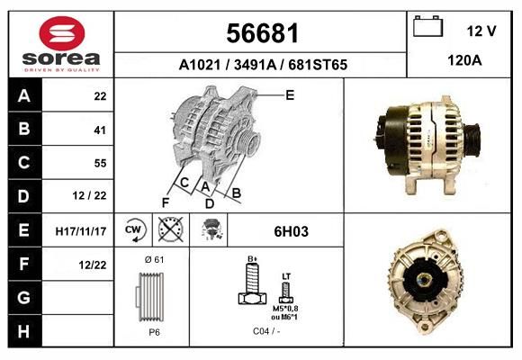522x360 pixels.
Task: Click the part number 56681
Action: [x=262, y=33]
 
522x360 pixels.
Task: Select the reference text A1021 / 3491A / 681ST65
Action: [x=263, y=65]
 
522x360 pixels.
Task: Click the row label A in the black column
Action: [x=23, y=96]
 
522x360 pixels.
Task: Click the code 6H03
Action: [x=291, y=231]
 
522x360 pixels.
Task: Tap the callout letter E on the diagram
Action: [x=289, y=94]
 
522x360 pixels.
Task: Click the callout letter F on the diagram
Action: [x=166, y=202]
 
